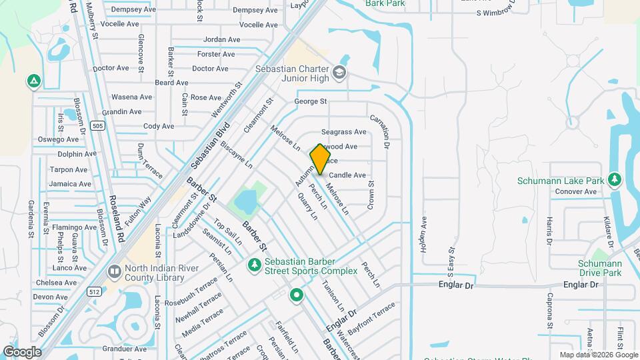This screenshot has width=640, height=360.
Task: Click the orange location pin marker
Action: pyautogui.click(x=320, y=159)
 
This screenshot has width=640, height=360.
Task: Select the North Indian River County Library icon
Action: pyautogui.click(x=115, y=272)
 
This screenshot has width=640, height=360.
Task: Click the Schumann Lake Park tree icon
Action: pyautogui.click(x=614, y=180)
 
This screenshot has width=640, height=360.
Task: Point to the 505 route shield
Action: pyautogui.click(x=98, y=125)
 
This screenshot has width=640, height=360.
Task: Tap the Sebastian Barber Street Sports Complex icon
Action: pyautogui.click(x=253, y=266)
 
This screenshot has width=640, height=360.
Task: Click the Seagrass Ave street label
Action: pyautogui.click(x=344, y=132)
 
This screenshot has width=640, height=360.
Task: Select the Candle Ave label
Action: pyautogui.click(x=347, y=175)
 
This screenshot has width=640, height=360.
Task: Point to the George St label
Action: pyautogui.click(x=311, y=102)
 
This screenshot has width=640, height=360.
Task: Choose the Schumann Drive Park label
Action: pyautogui.click(x=599, y=268)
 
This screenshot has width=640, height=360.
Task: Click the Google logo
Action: pyautogui.click(x=22, y=351)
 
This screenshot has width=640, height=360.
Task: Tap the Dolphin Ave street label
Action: pyautogui.click(x=77, y=154)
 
